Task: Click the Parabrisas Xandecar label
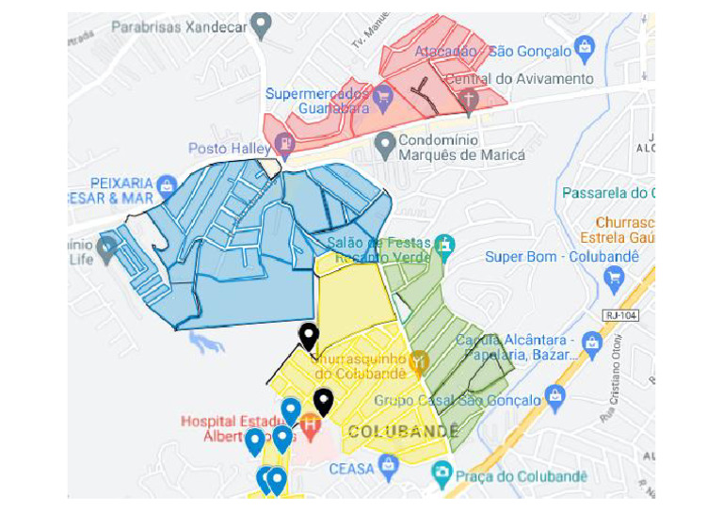[179, 27]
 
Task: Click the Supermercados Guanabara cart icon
[382, 95]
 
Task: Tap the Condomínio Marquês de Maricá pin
[384, 143]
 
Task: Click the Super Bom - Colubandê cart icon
[615, 277]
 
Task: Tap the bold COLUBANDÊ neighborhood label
[403, 431]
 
